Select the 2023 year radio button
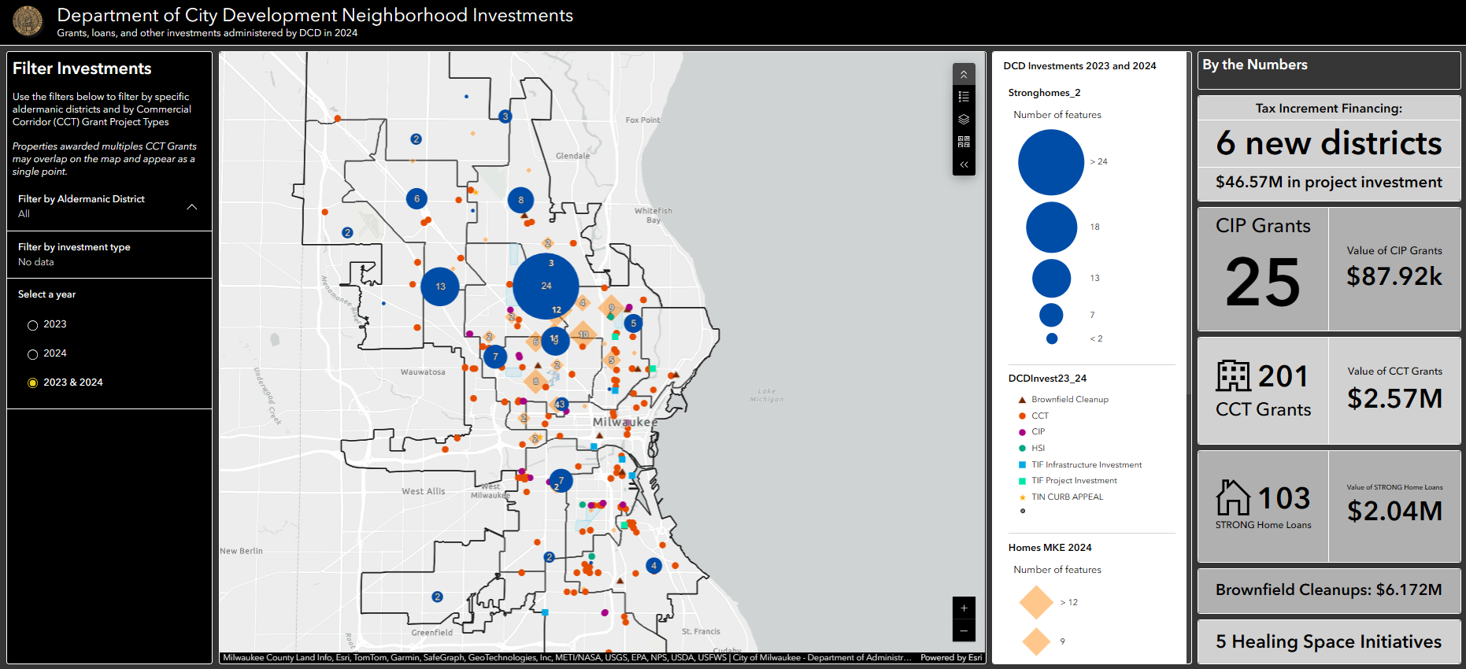32,325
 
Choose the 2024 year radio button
32,354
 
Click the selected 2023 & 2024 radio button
32,383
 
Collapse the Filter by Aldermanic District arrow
191,207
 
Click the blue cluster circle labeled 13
440,286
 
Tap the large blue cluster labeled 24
546,286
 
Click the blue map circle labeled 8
520,200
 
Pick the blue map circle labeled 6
416,198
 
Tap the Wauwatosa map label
423,372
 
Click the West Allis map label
424,491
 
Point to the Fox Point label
642,120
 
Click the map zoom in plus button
964,608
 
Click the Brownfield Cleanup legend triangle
1022,400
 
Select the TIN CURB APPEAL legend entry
1067,497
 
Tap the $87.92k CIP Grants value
1394,276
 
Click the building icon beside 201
1233,376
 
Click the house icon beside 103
1233,497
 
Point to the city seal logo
28,21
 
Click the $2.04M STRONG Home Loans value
1394,512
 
